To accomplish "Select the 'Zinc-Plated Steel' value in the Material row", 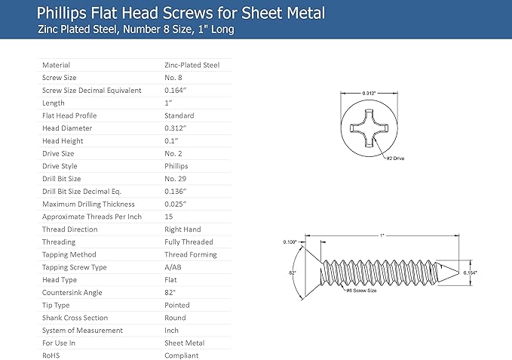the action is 192,65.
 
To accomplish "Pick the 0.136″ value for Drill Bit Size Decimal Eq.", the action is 176,192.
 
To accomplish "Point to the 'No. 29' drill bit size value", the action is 176,179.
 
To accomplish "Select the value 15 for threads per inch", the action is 169,217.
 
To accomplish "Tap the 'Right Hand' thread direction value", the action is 182,229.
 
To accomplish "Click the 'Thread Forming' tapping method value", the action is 191,255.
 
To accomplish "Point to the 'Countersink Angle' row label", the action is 72,293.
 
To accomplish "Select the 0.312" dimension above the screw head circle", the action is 369,93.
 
